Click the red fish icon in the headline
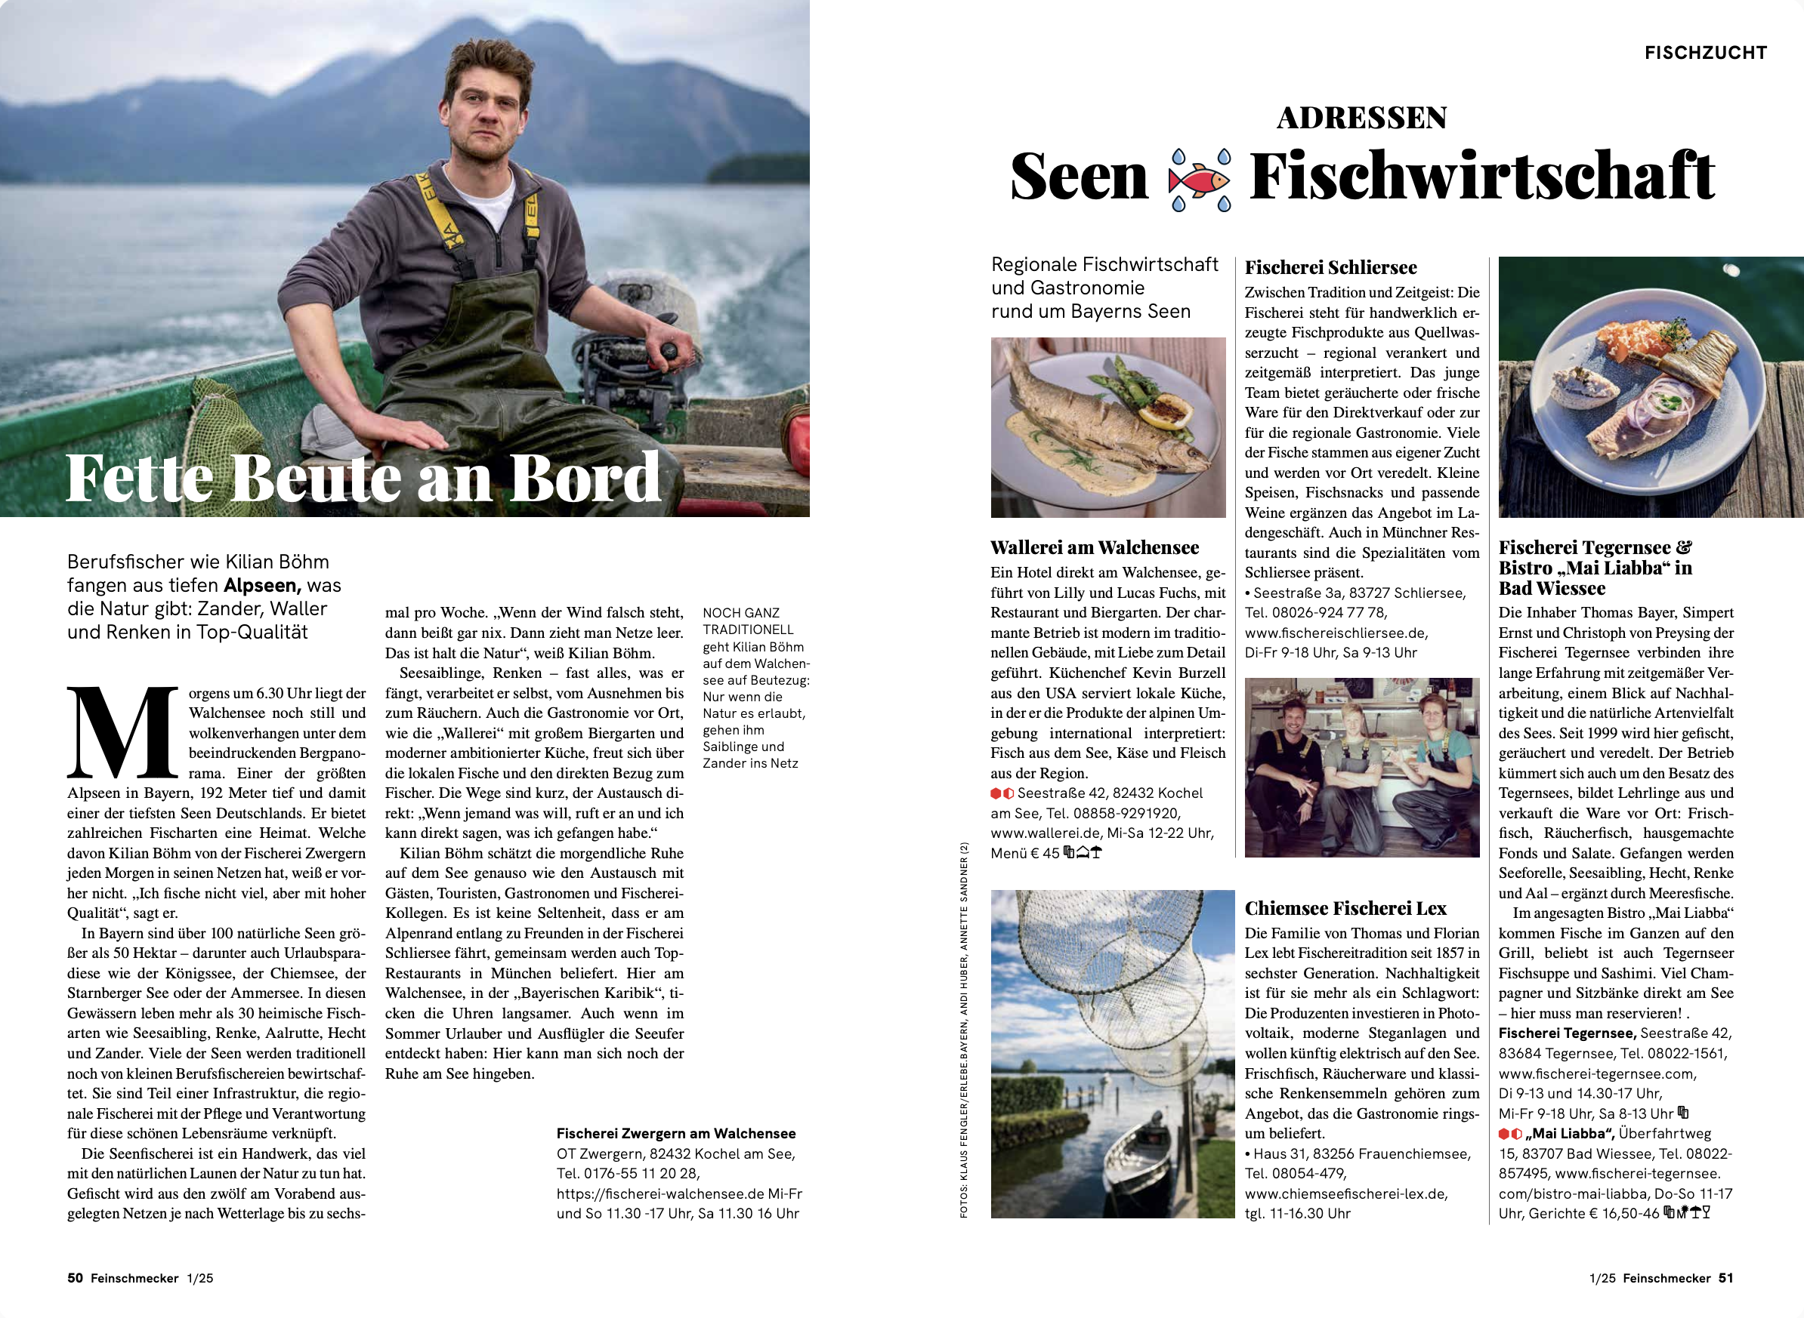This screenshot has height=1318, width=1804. (x=1200, y=180)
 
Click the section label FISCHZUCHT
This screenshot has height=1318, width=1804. (x=1706, y=53)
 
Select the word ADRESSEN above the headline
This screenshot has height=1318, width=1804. (x=1362, y=118)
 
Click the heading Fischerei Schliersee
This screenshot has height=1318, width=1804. (x=1330, y=267)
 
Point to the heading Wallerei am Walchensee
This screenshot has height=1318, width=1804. (x=1095, y=547)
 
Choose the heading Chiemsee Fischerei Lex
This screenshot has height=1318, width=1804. (x=1345, y=908)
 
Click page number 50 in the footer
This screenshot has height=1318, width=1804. (x=75, y=1278)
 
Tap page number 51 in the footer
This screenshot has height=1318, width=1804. (x=1725, y=1278)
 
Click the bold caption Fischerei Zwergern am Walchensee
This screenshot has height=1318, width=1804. (x=676, y=1133)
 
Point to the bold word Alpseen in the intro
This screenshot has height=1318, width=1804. (x=262, y=585)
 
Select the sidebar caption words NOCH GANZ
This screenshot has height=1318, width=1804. (x=741, y=613)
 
